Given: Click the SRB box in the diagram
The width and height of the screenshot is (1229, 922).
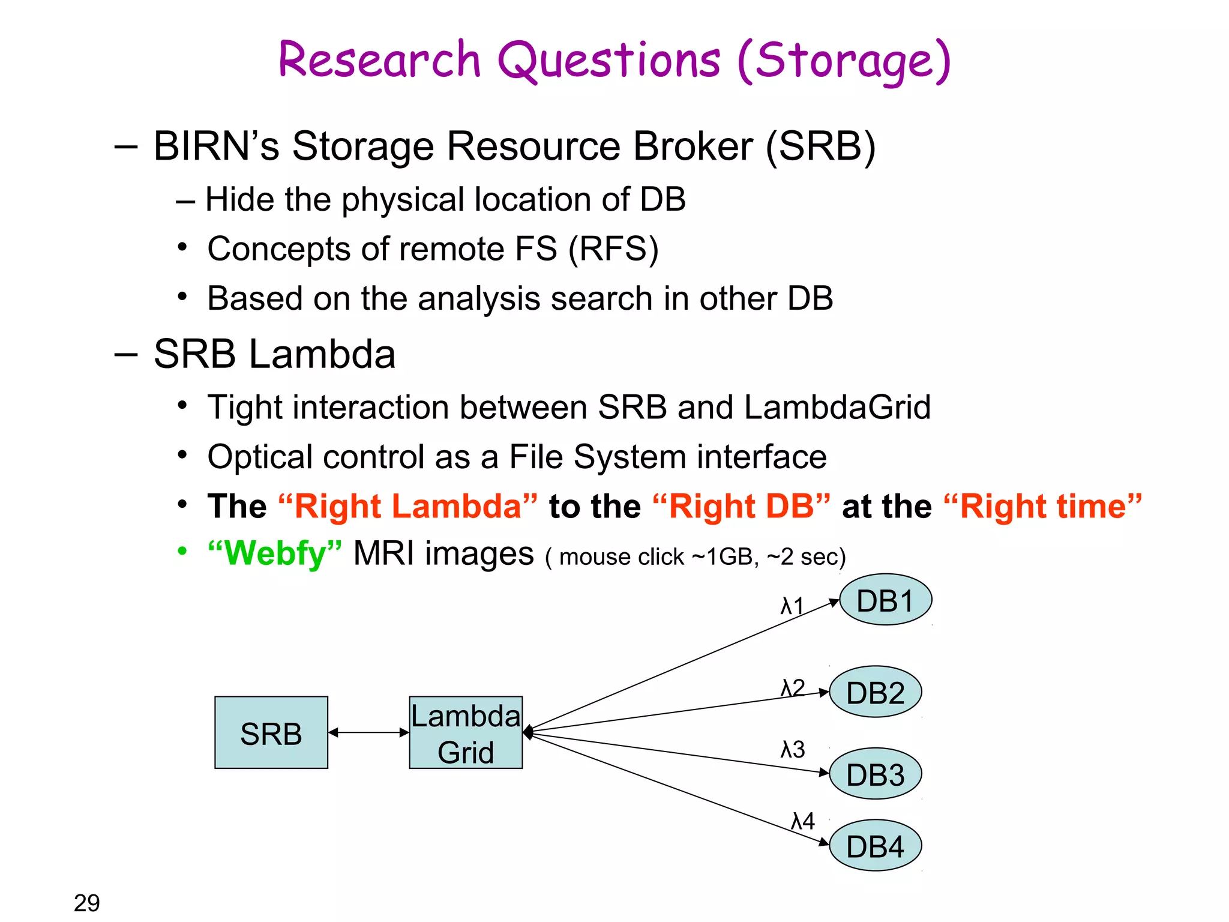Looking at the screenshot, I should click(x=271, y=732).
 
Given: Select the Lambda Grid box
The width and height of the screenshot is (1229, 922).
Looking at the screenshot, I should click(x=466, y=732).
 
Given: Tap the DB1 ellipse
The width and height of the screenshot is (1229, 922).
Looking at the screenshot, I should click(x=885, y=600).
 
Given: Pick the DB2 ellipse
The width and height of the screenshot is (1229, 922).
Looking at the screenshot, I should click(x=875, y=692).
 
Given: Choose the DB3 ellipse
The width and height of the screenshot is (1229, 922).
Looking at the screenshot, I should click(x=875, y=774).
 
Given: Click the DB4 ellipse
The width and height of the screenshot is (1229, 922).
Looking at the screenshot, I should click(x=875, y=846).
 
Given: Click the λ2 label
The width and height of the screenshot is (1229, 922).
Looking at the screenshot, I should click(x=792, y=688).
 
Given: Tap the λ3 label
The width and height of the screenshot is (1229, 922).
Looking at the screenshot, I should click(x=792, y=749).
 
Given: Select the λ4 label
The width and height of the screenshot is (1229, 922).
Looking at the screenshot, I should click(x=803, y=821).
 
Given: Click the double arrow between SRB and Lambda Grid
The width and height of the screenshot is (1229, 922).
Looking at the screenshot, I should click(x=368, y=732).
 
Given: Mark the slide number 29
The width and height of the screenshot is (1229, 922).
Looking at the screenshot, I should click(x=87, y=902).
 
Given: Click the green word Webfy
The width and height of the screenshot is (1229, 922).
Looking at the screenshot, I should click(x=275, y=553).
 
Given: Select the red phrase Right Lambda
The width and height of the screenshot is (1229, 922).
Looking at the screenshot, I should click(x=408, y=506).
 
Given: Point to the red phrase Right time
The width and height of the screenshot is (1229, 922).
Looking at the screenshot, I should click(x=1042, y=506).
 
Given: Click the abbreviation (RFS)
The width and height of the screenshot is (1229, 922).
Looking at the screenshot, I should click(x=613, y=249).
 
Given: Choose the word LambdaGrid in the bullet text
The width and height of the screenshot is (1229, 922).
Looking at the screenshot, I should click(x=837, y=408).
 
